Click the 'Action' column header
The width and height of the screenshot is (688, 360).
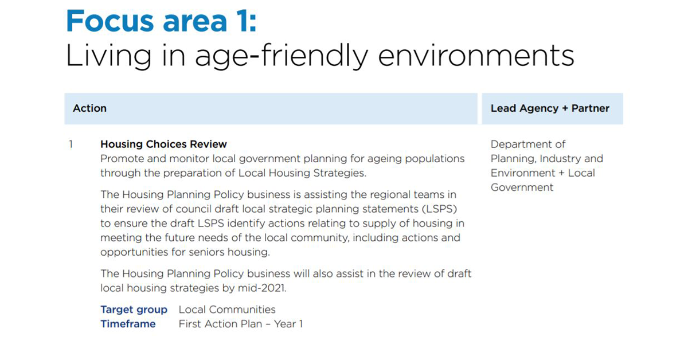tap(89, 108)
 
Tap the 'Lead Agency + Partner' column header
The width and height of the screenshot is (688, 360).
tap(550, 108)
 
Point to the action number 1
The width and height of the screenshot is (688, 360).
tap(71, 144)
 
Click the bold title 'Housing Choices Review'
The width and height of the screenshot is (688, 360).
tap(163, 144)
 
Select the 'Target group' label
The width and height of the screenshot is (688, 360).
tap(134, 310)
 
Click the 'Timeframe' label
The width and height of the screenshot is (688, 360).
tap(128, 324)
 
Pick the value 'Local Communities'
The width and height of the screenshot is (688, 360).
tap(227, 310)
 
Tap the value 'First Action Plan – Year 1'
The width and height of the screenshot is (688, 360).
tap(241, 324)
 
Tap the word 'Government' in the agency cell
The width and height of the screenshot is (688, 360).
tap(522, 187)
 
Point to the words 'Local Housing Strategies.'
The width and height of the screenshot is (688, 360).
tap(304, 173)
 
